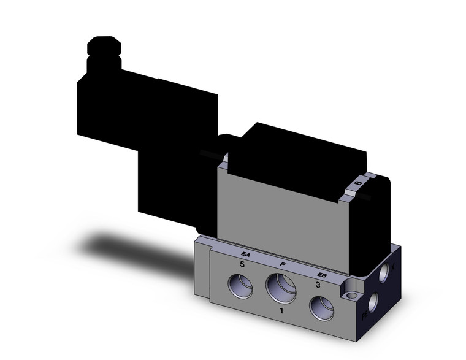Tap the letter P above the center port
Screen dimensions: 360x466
coord(282,264)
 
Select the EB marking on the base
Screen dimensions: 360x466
coord(321,275)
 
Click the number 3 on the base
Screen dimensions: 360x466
coord(318,285)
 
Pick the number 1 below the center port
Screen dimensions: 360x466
coord(281,312)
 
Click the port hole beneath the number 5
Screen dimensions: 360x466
coord(240,286)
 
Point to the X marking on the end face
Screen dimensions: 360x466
coord(393,267)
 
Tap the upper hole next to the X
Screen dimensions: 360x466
coord(383,274)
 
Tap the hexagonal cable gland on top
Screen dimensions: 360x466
coord(104,47)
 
